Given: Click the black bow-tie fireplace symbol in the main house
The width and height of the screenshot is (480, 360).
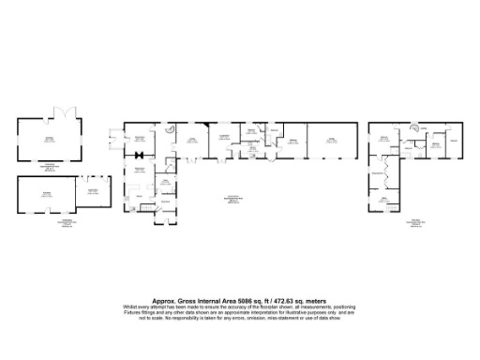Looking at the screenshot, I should click(x=139, y=154).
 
